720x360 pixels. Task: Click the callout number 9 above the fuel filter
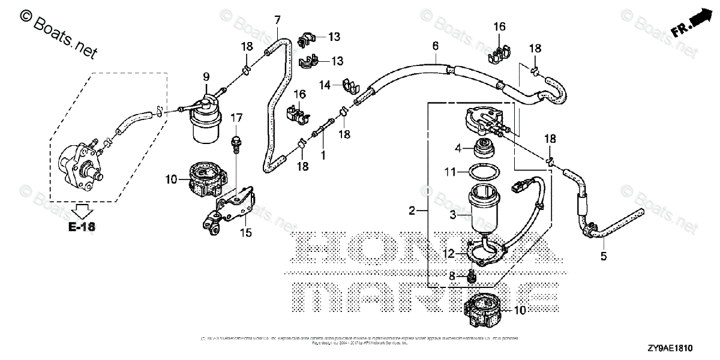tap(206, 76)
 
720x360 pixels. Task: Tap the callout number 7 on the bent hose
tap(277, 20)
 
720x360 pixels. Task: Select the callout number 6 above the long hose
tap(436, 46)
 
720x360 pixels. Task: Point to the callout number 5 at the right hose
tap(604, 256)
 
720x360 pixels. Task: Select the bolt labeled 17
tap(236, 142)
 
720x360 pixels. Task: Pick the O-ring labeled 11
tap(482, 172)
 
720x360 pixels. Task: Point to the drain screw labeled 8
tap(472, 277)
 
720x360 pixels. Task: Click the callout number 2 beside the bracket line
tap(412, 211)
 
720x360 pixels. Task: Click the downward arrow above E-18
tap(82, 211)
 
